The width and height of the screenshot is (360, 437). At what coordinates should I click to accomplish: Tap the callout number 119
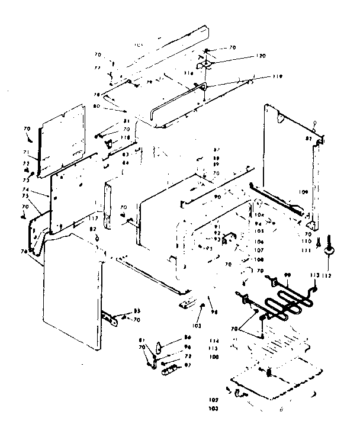point(261,76)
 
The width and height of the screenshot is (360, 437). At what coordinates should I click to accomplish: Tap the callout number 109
point(304,192)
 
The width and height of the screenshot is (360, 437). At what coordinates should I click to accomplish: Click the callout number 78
point(96,95)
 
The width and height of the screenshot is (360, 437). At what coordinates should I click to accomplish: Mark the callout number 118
point(126,137)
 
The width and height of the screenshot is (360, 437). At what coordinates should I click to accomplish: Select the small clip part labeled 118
point(108,142)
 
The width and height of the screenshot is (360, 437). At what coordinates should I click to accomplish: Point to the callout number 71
point(26,152)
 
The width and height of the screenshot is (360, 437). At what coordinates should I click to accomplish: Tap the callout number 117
point(93,218)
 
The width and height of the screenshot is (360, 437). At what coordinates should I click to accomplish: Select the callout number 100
point(214,357)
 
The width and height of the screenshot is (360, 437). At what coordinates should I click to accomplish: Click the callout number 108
point(259,259)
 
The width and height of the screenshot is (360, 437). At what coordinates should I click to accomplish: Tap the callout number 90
point(217,196)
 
